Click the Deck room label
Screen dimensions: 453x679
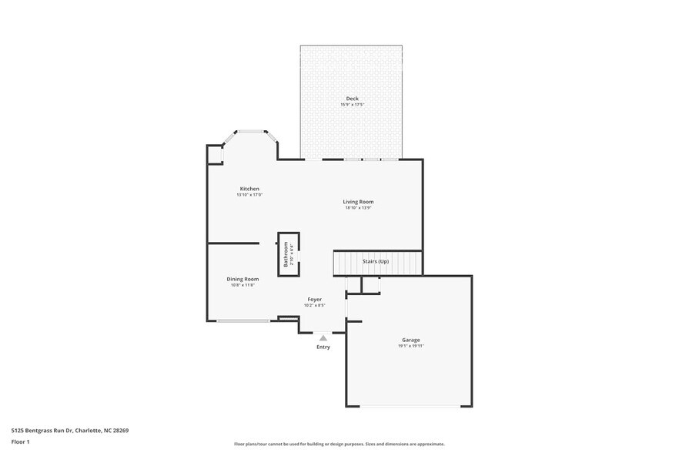pyautogui.click(x=352, y=98)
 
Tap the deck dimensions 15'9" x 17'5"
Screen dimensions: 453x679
pyautogui.click(x=352, y=104)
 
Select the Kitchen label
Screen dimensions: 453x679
pyautogui.click(x=249, y=189)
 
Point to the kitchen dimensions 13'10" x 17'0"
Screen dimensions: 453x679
pyautogui.click(x=249, y=195)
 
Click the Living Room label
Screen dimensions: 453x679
pyautogui.click(x=358, y=202)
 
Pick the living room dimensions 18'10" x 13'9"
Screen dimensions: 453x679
pyautogui.click(x=358, y=208)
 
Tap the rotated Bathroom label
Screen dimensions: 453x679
pyautogui.click(x=286, y=254)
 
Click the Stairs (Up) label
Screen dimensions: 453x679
pyautogui.click(x=376, y=262)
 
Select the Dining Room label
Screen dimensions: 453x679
pyautogui.click(x=242, y=279)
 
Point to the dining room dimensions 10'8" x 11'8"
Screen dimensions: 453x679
pyautogui.click(x=242, y=285)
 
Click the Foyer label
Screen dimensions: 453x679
pyautogui.click(x=314, y=299)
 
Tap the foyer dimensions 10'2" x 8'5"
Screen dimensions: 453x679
pyautogui.click(x=314, y=305)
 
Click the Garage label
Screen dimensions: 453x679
pyautogui.click(x=410, y=340)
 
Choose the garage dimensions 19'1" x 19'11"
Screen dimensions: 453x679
pyautogui.click(x=410, y=346)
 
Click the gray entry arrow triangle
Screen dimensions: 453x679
pyautogui.click(x=323, y=337)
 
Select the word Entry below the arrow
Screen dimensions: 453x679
pyautogui.click(x=323, y=347)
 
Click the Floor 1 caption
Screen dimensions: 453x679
pyautogui.click(x=21, y=441)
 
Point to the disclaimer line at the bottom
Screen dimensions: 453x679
pyautogui.click(x=339, y=444)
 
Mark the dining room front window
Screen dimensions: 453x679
pyautogui.click(x=243, y=320)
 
